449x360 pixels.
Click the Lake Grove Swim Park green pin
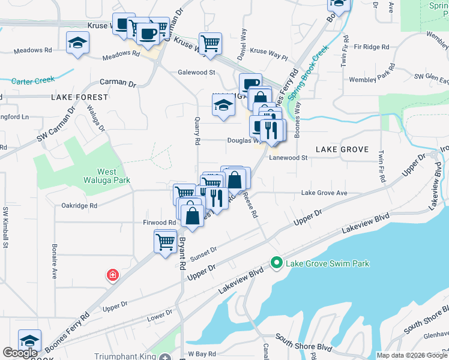click(276, 263)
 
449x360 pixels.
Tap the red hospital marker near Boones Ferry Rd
click(112, 275)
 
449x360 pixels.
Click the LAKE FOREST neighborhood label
click(79, 97)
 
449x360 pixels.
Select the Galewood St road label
click(196, 73)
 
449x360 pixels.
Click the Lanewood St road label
click(288, 158)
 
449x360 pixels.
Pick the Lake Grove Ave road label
click(324, 193)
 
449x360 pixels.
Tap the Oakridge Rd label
click(79, 206)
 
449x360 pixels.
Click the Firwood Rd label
click(159, 223)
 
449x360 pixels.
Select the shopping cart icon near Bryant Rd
click(165, 242)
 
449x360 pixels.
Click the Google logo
click(20, 353)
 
